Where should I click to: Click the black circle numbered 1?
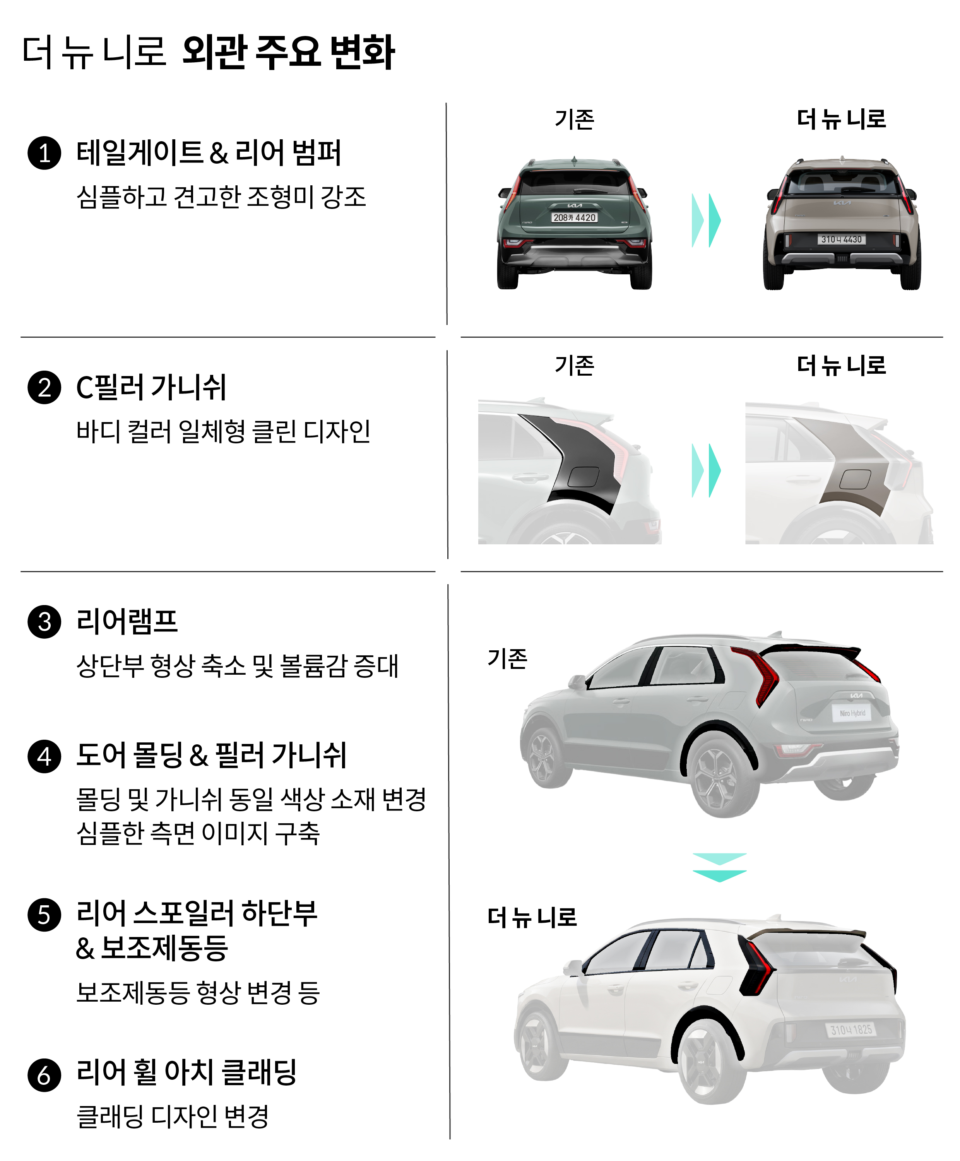[x=44, y=153]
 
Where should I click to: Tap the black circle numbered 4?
[x=44, y=756]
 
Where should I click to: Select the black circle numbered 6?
[x=44, y=1075]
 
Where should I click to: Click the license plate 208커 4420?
[x=575, y=218]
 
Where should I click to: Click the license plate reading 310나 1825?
[x=851, y=1029]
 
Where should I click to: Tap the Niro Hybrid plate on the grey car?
[x=852, y=713]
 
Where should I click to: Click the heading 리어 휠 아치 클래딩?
[x=187, y=1072]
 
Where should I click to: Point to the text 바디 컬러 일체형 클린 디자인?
[x=223, y=432]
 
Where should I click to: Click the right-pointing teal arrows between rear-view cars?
[x=706, y=220]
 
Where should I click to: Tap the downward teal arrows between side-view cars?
[x=719, y=867]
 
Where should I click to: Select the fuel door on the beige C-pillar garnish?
[x=855, y=479]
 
